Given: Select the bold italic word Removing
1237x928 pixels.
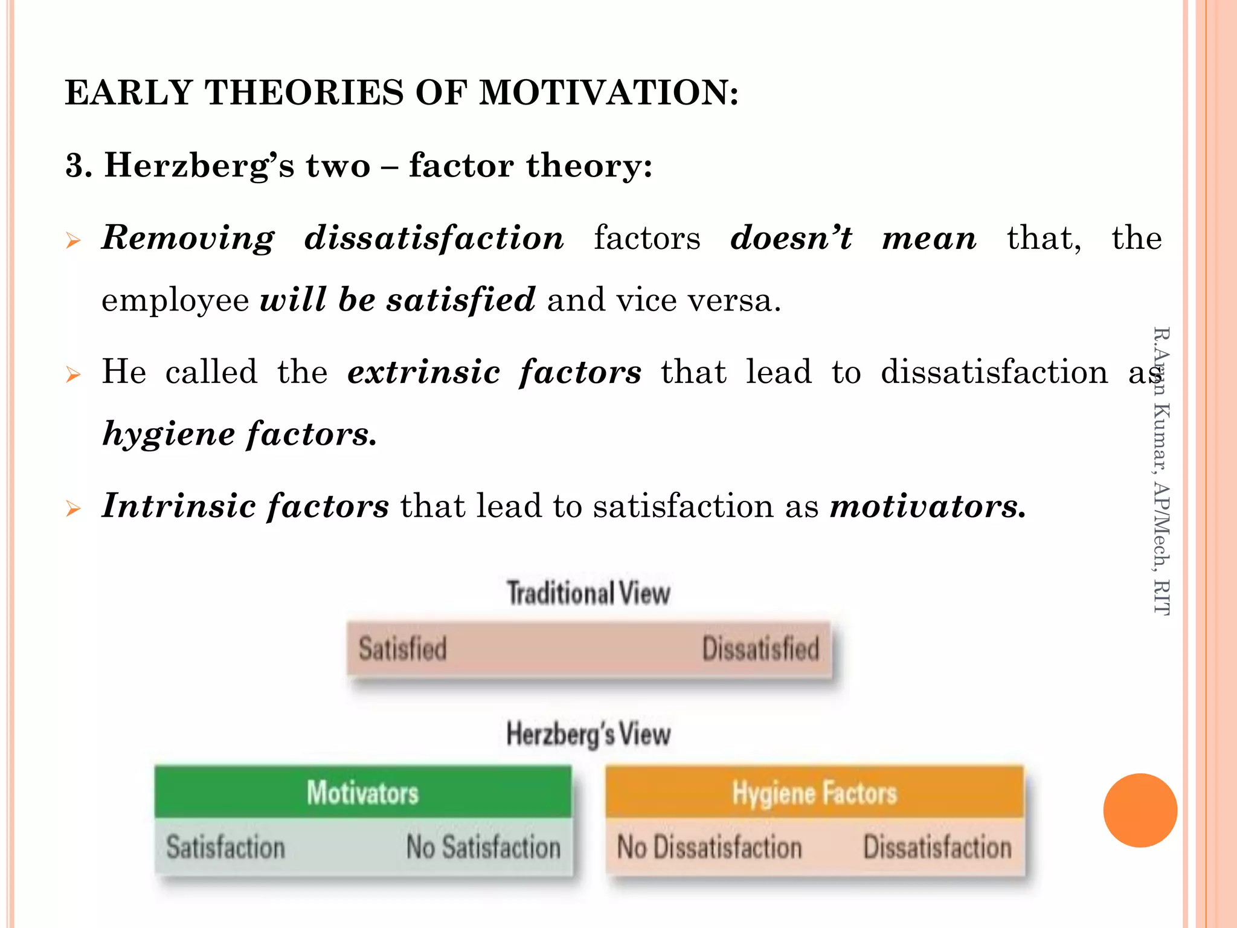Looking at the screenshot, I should point(188,238).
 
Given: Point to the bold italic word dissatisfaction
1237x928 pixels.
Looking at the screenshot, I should point(434,238).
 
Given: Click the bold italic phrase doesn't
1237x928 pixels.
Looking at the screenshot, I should point(791,238).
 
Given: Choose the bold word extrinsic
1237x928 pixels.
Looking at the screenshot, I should point(423,372).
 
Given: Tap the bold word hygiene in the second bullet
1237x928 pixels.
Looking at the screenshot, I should point(169,434).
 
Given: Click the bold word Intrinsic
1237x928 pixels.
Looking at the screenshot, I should point(179,506).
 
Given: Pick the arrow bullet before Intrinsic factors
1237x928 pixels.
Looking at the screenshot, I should point(73,509).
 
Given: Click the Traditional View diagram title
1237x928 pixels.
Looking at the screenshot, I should point(588,593).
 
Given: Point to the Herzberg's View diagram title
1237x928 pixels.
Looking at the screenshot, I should point(588,734).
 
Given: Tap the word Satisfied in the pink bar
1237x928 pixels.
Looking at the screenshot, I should point(403,649).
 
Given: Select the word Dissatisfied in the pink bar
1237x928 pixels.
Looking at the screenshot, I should point(760,649).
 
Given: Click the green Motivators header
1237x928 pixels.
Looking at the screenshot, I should point(362,792).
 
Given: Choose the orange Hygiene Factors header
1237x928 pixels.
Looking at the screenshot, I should point(814,792).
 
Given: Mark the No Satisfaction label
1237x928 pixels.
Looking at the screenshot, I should point(483,847).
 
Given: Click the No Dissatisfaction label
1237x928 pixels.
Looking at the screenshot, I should point(709,847).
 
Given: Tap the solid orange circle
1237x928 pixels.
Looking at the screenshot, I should point(1140,810).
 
